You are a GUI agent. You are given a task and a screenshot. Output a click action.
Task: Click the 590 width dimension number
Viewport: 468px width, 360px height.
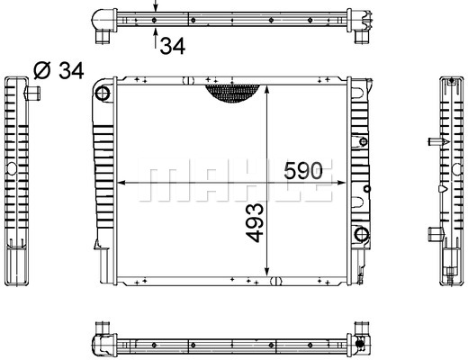303,170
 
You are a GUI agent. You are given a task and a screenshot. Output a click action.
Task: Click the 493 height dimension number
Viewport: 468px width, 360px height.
255,222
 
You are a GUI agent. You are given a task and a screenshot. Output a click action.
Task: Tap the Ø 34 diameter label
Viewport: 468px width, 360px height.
58,71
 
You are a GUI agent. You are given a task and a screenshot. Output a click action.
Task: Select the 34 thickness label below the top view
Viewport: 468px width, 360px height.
173,46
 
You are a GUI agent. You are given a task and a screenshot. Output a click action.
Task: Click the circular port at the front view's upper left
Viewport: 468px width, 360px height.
103,94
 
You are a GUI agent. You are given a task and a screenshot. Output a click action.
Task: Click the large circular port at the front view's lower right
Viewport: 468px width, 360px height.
362,234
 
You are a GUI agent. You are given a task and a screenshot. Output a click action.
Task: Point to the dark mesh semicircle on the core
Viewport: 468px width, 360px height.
232,93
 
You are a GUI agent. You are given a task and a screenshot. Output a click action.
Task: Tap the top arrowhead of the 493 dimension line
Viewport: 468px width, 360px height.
266,89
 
